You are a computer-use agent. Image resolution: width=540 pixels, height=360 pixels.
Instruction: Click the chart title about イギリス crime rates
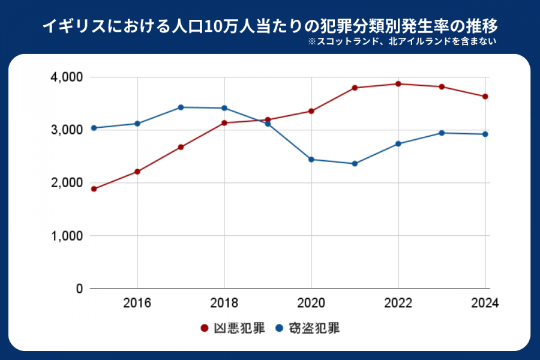[269, 27]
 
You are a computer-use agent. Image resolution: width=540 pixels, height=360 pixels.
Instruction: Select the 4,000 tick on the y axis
[66, 77]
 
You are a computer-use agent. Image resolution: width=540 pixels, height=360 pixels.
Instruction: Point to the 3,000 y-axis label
[66, 130]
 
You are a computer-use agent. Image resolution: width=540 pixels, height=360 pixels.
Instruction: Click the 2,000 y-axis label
[66, 183]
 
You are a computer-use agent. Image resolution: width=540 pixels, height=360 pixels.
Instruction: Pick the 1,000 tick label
[66, 236]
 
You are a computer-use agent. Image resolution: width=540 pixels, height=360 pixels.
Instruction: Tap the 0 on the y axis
[79, 289]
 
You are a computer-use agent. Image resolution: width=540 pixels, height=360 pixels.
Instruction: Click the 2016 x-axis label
[137, 303]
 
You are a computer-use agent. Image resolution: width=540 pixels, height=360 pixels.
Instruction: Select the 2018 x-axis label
[224, 303]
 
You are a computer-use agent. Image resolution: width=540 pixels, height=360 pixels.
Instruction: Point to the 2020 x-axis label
[311, 303]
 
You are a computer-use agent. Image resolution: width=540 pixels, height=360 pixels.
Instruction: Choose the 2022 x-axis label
[398, 303]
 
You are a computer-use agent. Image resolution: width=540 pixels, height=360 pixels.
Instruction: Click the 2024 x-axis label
[485, 303]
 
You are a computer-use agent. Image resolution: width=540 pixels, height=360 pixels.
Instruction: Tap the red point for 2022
[398, 83]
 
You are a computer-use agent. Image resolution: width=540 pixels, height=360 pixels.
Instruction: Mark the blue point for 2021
[355, 164]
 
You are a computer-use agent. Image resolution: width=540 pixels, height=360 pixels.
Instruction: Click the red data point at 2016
[137, 172]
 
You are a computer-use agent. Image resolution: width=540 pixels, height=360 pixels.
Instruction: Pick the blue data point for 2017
[181, 107]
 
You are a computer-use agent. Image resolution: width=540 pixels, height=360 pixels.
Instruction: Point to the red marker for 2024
[485, 97]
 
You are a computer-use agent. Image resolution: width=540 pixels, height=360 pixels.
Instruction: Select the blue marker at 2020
[311, 160]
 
